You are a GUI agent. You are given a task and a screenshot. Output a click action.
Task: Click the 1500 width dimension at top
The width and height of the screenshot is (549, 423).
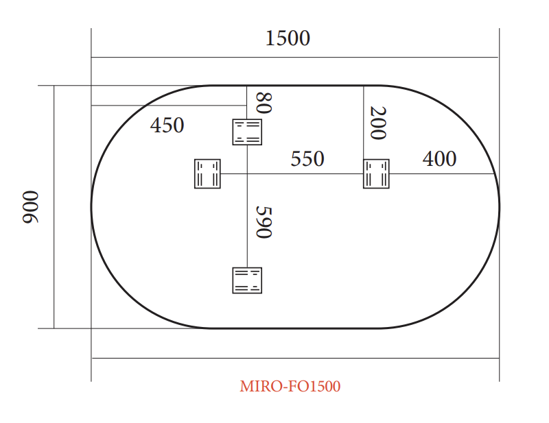288,38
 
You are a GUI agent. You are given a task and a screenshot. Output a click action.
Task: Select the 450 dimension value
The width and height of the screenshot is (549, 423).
167,125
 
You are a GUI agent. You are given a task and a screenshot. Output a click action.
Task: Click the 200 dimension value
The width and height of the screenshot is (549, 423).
377,123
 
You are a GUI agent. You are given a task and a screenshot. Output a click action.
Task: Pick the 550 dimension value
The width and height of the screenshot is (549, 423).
307,159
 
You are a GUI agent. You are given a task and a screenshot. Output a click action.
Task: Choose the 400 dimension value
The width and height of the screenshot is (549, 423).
439,159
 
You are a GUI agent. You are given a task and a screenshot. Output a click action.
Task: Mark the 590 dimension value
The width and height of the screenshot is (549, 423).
264,222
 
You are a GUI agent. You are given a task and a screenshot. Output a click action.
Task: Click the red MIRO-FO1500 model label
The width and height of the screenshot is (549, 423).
290,387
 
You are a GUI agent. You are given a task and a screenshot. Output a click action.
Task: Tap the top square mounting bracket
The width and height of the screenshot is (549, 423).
247,132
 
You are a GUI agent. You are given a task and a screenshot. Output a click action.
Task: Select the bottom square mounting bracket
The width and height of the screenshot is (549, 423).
247,280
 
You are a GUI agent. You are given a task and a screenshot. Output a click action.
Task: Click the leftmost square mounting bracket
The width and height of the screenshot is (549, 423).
207,173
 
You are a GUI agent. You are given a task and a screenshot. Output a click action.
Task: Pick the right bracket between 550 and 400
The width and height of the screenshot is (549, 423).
376,173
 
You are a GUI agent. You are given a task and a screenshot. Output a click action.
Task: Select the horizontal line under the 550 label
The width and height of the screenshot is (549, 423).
302,173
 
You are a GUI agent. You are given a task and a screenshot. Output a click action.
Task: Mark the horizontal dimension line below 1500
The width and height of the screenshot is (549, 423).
295,58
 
